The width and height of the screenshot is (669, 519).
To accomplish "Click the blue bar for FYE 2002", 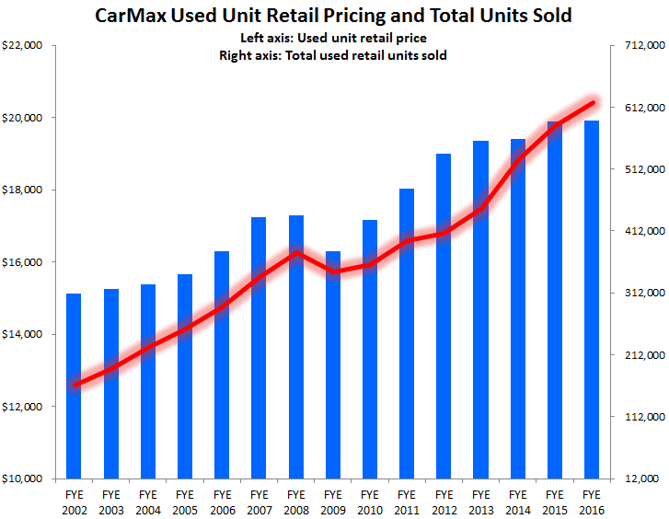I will point(74,386).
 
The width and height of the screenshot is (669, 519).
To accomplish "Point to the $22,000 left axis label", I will point(26,46).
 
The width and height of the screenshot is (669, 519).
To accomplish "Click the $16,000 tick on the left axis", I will point(26,262).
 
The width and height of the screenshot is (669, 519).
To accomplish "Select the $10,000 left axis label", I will point(26,479).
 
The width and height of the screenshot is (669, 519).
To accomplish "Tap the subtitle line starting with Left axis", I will point(334,39).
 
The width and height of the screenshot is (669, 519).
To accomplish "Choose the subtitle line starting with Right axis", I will point(334,55).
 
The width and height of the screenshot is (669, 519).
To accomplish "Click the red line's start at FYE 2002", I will point(75,385).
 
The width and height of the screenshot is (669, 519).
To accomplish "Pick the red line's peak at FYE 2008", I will point(295,252).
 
